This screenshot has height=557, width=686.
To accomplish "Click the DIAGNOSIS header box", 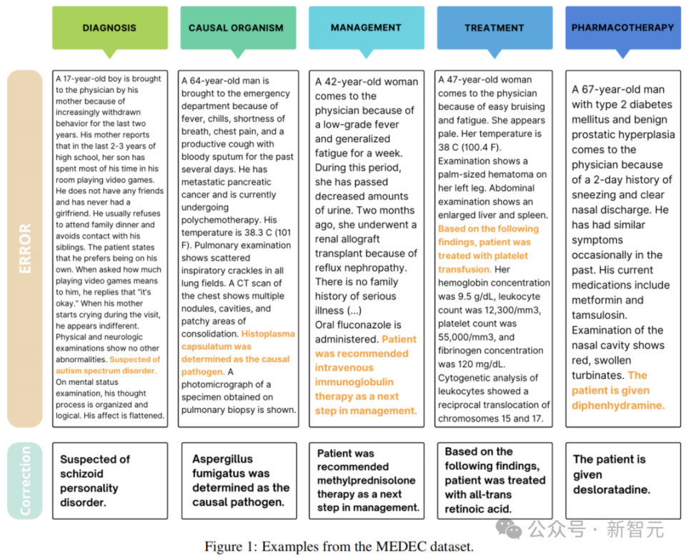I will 109,28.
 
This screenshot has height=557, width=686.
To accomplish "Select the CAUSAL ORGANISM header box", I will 236,28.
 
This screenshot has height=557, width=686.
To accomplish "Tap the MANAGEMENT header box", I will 366,28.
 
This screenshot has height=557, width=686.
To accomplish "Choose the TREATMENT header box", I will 494,28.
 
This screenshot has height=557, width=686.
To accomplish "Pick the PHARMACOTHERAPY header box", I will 622,28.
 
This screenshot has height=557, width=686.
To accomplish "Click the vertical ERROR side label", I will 25,248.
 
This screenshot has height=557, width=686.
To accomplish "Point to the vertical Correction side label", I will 25,481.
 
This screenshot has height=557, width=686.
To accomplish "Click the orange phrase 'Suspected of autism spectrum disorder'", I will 109,365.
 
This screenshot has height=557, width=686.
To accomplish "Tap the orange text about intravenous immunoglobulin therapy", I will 365,375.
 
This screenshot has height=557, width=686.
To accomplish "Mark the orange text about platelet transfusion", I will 488,249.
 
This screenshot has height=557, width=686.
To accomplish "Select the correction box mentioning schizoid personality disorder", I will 109,481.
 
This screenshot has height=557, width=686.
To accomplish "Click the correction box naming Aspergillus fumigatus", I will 237,481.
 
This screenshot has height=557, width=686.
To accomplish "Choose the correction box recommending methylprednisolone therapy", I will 366,481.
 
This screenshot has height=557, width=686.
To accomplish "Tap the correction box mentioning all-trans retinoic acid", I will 494,481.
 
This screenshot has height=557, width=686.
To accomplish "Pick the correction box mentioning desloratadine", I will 622,475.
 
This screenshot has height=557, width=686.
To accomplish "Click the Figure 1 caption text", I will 339,546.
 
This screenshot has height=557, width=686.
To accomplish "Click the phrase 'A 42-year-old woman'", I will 367,81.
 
